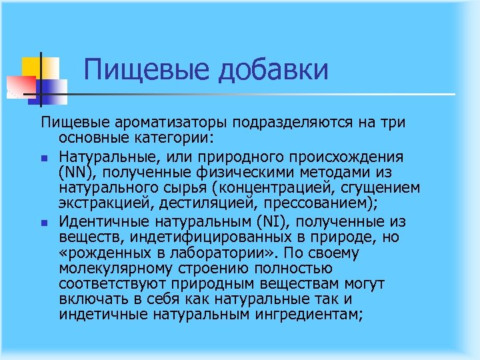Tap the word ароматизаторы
pyautogui.click(x=169, y=124)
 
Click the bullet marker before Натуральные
pyautogui.click(x=42, y=158)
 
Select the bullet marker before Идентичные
pyautogui.click(x=42, y=223)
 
